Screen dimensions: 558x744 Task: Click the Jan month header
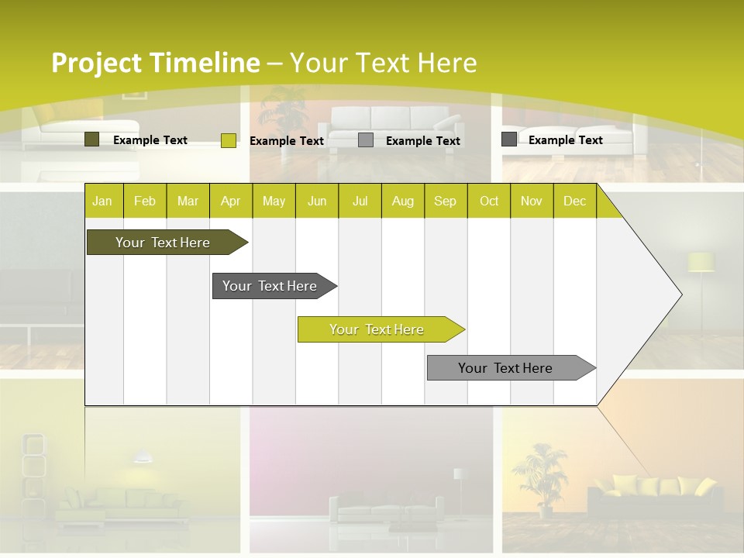[102, 201]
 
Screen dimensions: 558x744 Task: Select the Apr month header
[230, 201]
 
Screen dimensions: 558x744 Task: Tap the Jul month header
[360, 201]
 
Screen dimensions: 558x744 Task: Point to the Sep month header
[445, 201]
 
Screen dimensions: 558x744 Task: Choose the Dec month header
[574, 201]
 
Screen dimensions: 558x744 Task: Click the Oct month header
[489, 201]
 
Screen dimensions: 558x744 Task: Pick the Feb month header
[145, 201]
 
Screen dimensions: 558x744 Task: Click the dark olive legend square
[92, 139]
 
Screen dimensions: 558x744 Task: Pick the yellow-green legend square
[229, 140]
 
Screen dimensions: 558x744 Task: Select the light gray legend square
[366, 140]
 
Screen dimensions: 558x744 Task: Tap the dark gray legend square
[509, 139]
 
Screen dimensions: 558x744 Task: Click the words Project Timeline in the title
[155, 63]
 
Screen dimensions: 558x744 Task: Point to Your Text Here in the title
[384, 63]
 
